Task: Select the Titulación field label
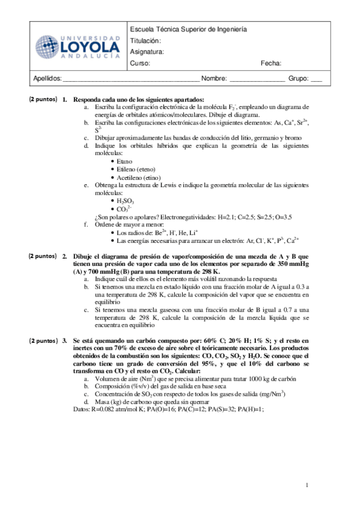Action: point(145,41)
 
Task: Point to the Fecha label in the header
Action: point(271,63)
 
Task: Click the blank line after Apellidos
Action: point(131,79)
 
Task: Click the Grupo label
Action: point(298,78)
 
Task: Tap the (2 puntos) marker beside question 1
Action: point(43,99)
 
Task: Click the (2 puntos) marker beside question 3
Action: point(43,340)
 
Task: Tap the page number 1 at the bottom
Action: point(307,485)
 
